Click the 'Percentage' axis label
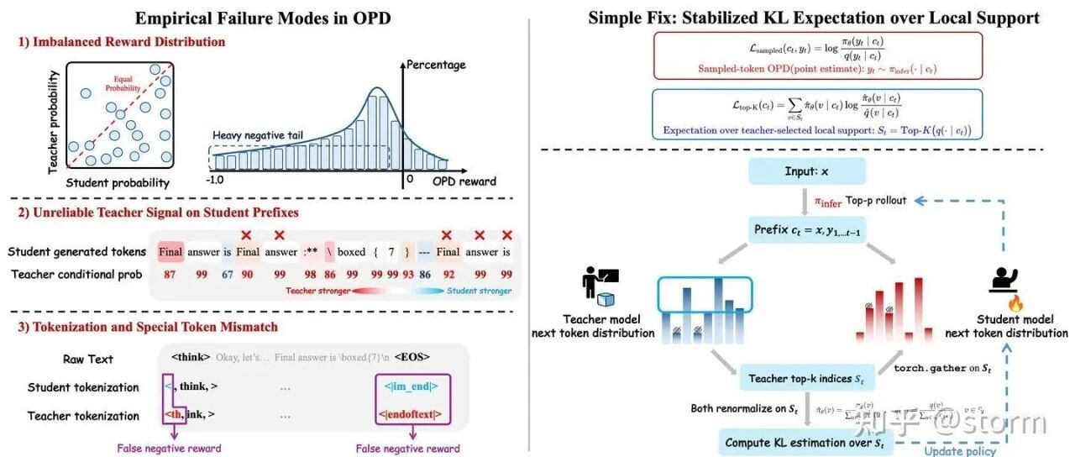coord(436,65)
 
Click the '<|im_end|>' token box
coord(412,387)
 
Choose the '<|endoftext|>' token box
coord(412,416)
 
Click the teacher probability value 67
coord(227,274)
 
